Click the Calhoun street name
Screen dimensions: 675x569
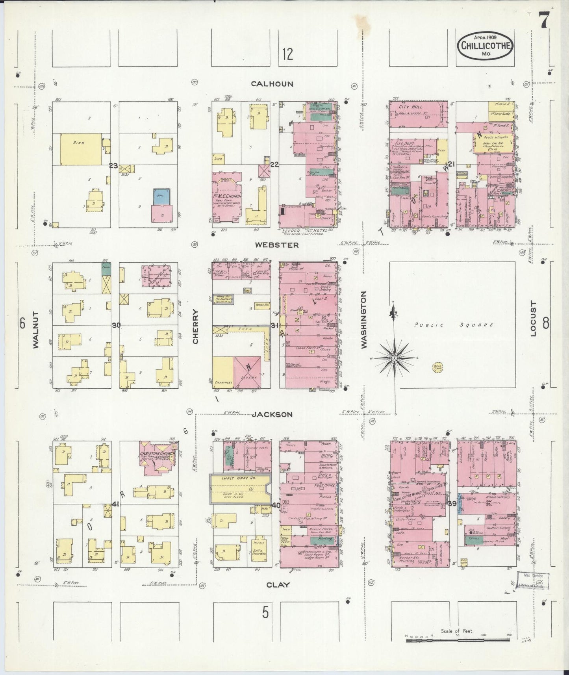[272, 84]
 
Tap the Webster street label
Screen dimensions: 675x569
[276, 245]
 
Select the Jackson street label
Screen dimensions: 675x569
[272, 414]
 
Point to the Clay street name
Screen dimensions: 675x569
[278, 585]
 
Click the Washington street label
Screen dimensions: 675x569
[363, 320]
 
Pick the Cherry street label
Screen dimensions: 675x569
[195, 326]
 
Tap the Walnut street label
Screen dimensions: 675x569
[36, 330]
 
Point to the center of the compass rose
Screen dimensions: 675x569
[394, 358]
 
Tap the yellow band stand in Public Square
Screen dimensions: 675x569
[437, 367]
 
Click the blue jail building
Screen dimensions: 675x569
[161, 196]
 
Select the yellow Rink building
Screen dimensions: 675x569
[81, 149]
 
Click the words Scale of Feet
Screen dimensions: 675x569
[456, 631]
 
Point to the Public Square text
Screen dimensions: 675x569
[454, 325]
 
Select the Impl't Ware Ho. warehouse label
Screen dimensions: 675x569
[229, 478]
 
